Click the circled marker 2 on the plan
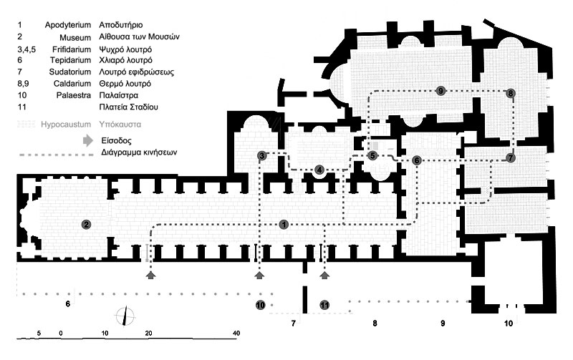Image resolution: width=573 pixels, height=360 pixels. [87, 225]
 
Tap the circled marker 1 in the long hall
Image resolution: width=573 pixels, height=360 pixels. [284, 225]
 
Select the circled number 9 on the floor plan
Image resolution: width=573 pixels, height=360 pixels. [440, 90]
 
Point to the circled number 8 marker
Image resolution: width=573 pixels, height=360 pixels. [510, 93]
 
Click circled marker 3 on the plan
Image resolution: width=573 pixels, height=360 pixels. [263, 156]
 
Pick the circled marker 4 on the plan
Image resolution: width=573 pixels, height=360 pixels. [319, 170]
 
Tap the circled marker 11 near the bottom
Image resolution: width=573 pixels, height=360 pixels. [324, 306]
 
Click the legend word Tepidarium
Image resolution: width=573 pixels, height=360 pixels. [70, 60]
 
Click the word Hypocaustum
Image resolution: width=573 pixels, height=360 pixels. [60, 124]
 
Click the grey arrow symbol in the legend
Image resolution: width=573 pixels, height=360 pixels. [87, 141]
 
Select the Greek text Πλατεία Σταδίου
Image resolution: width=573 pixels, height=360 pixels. [128, 107]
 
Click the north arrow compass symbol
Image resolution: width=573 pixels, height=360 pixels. [127, 314]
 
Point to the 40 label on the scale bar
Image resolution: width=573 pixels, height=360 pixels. [236, 334]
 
